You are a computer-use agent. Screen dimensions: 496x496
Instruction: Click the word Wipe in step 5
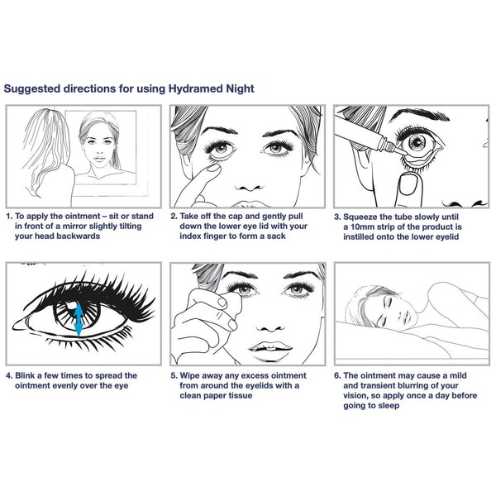[194, 374]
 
